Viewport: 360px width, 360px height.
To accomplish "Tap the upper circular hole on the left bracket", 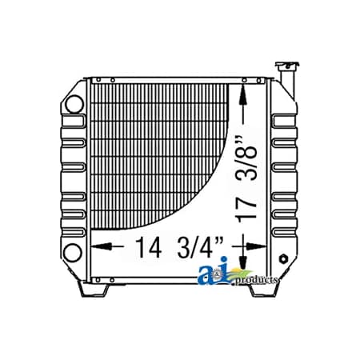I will coord(73,104).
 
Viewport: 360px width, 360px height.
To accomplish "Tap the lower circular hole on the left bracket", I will coord(73,254).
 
